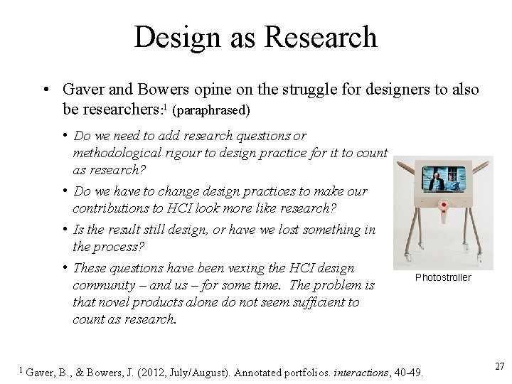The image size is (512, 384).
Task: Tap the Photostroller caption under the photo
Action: click(443, 277)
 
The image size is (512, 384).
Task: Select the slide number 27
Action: click(499, 366)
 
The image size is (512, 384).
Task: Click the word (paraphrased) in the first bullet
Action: click(215, 112)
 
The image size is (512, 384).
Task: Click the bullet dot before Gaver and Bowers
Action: click(45, 90)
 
